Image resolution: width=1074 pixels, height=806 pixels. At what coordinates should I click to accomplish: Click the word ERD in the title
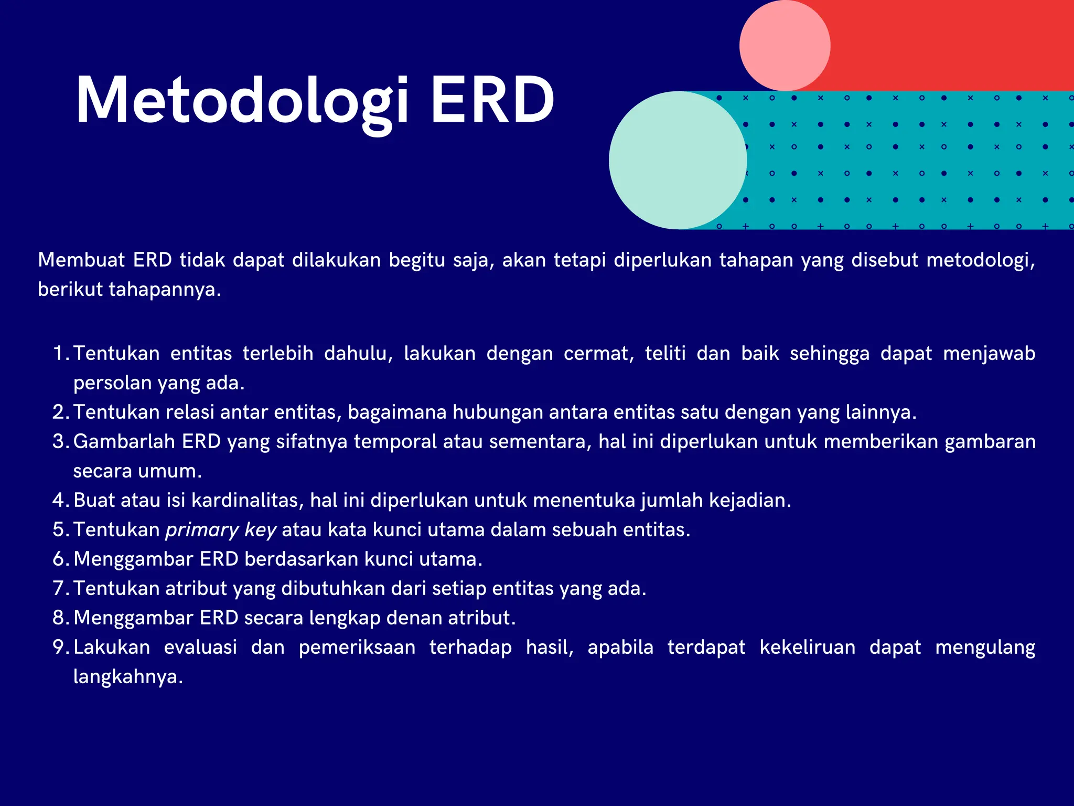point(492,101)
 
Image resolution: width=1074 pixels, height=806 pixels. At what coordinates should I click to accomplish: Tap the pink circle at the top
point(785,46)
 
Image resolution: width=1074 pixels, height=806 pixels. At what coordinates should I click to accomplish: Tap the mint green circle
point(678,160)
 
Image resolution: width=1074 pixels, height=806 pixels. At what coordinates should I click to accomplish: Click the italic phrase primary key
point(221,530)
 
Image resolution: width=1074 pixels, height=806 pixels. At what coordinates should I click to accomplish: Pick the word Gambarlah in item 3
point(124,442)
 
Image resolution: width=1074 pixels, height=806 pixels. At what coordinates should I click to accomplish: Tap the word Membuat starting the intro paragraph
point(81,260)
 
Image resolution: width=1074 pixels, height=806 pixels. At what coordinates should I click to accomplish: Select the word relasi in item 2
point(190,412)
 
